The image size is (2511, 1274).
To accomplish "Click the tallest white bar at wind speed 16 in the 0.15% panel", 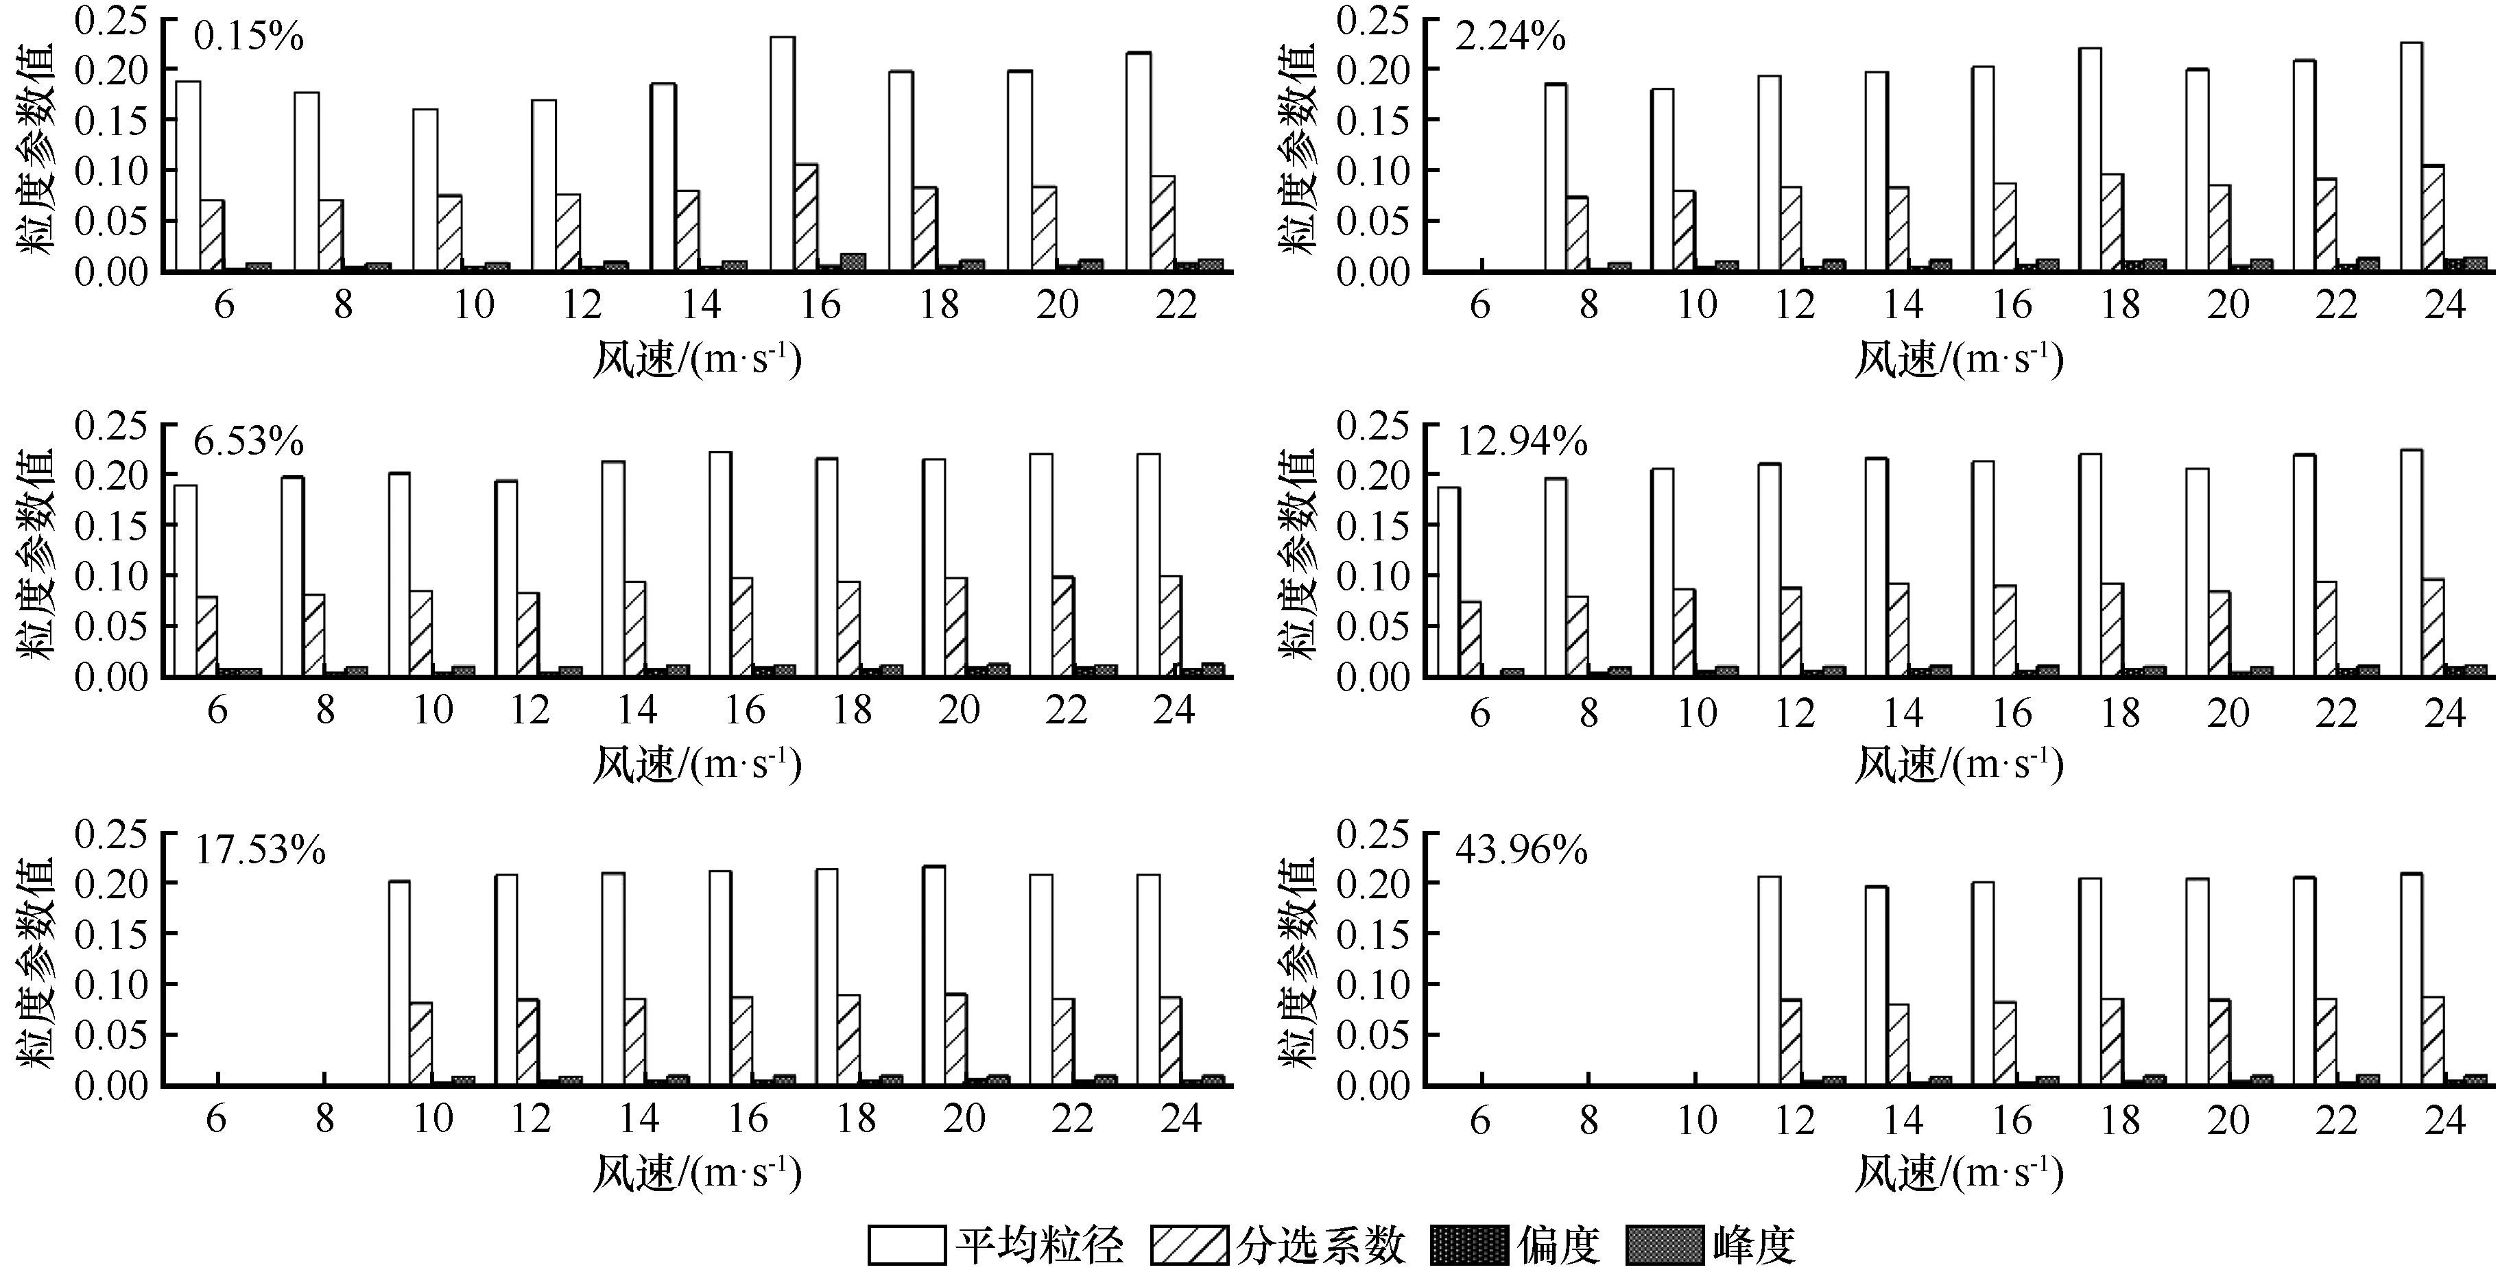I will [x=782, y=154].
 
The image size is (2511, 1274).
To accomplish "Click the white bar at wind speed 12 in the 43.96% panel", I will [x=1769, y=981].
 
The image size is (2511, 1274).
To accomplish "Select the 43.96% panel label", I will [x=1521, y=851].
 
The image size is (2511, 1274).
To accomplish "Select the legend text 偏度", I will [x=1558, y=1245].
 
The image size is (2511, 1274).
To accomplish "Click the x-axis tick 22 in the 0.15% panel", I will [x=1176, y=305].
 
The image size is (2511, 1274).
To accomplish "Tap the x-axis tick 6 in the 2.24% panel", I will [x=1479, y=305].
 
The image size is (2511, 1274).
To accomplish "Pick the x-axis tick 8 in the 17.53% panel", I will [x=324, y=1119].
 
